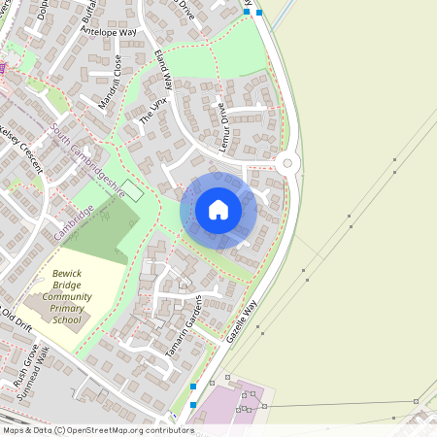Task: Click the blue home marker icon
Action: click(218, 209)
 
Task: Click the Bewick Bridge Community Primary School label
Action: click(67, 298)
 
